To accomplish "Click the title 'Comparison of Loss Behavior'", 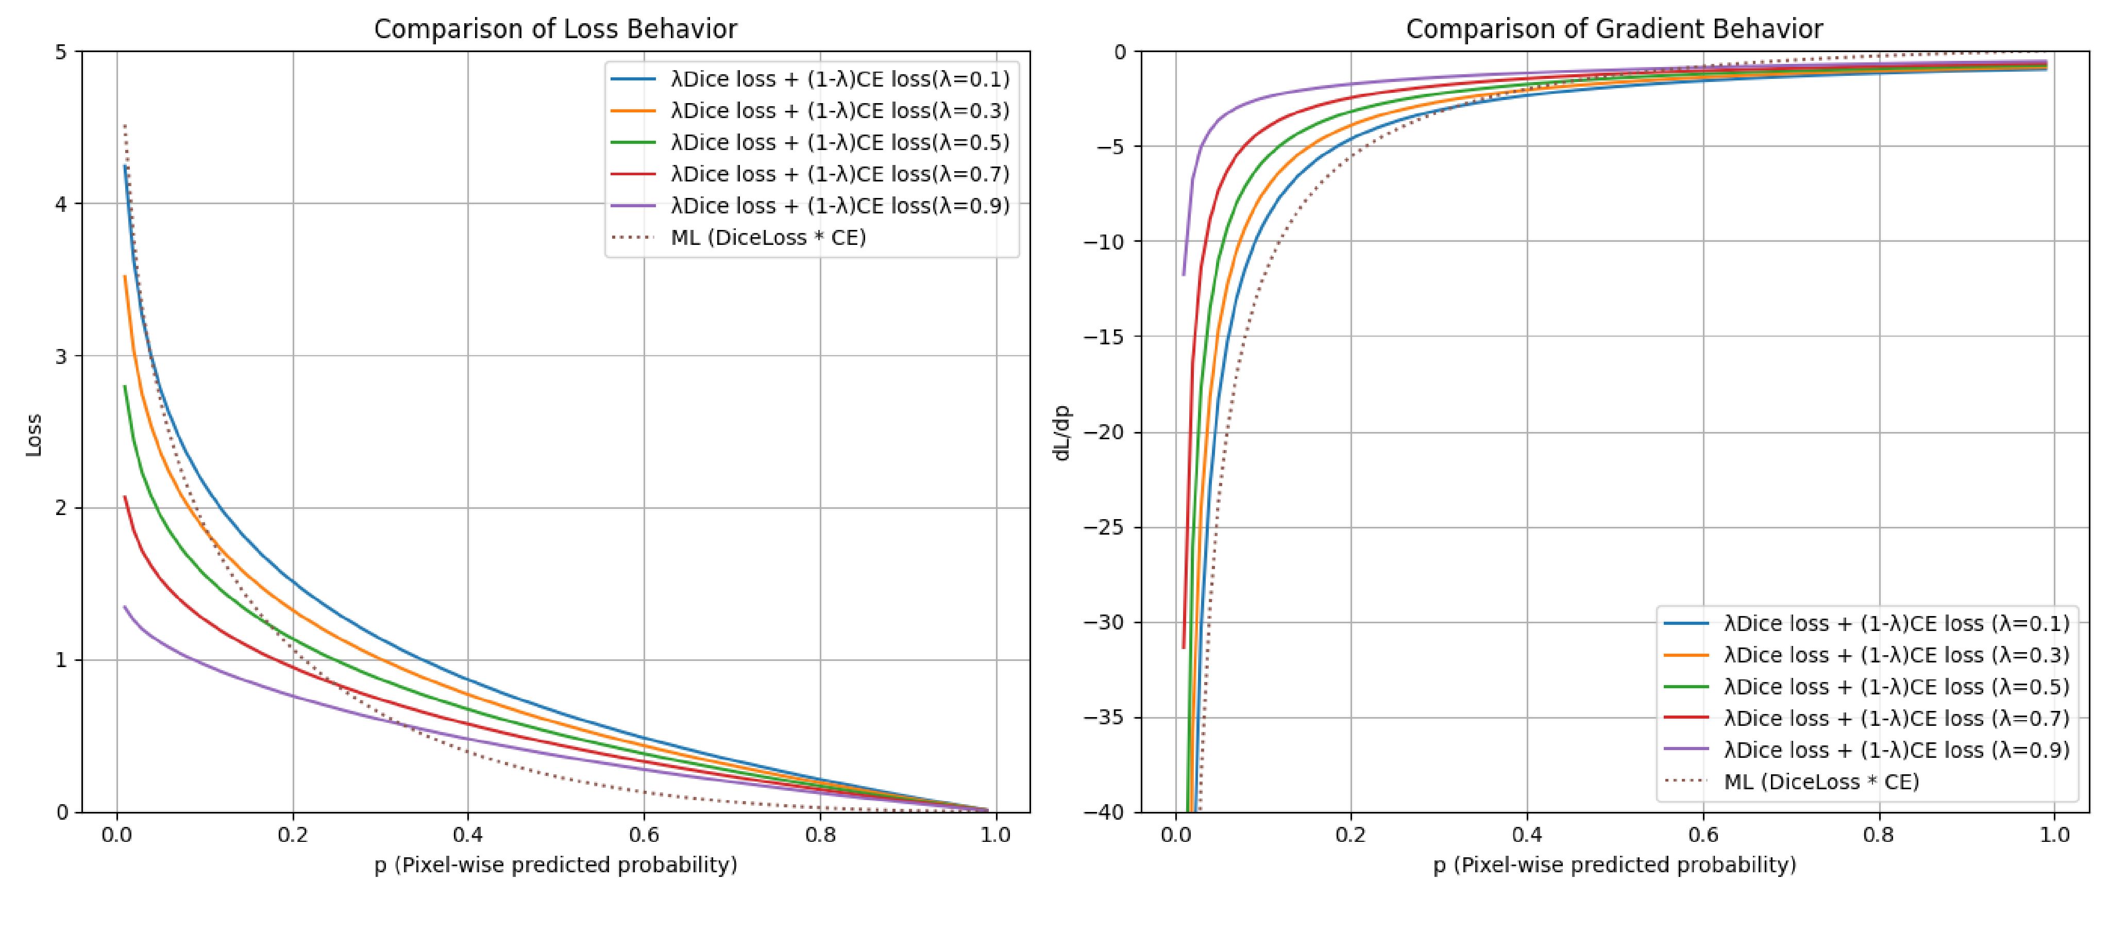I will (555, 29).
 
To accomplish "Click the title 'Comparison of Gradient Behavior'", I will (1614, 29).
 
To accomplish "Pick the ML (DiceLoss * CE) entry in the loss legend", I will (768, 238).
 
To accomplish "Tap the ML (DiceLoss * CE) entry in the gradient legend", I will (1821, 782).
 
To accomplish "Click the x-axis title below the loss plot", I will (555, 865).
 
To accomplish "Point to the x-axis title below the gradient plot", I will (1614, 865).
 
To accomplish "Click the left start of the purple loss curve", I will (125, 607).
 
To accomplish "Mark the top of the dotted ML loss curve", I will (125, 125).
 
